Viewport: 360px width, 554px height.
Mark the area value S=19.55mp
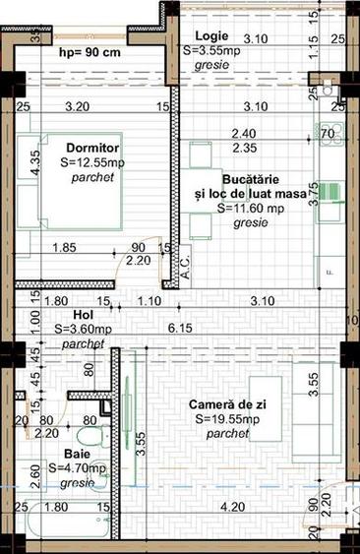[223, 419]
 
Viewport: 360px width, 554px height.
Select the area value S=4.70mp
[79, 469]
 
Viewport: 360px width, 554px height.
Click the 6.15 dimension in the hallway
[178, 328]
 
